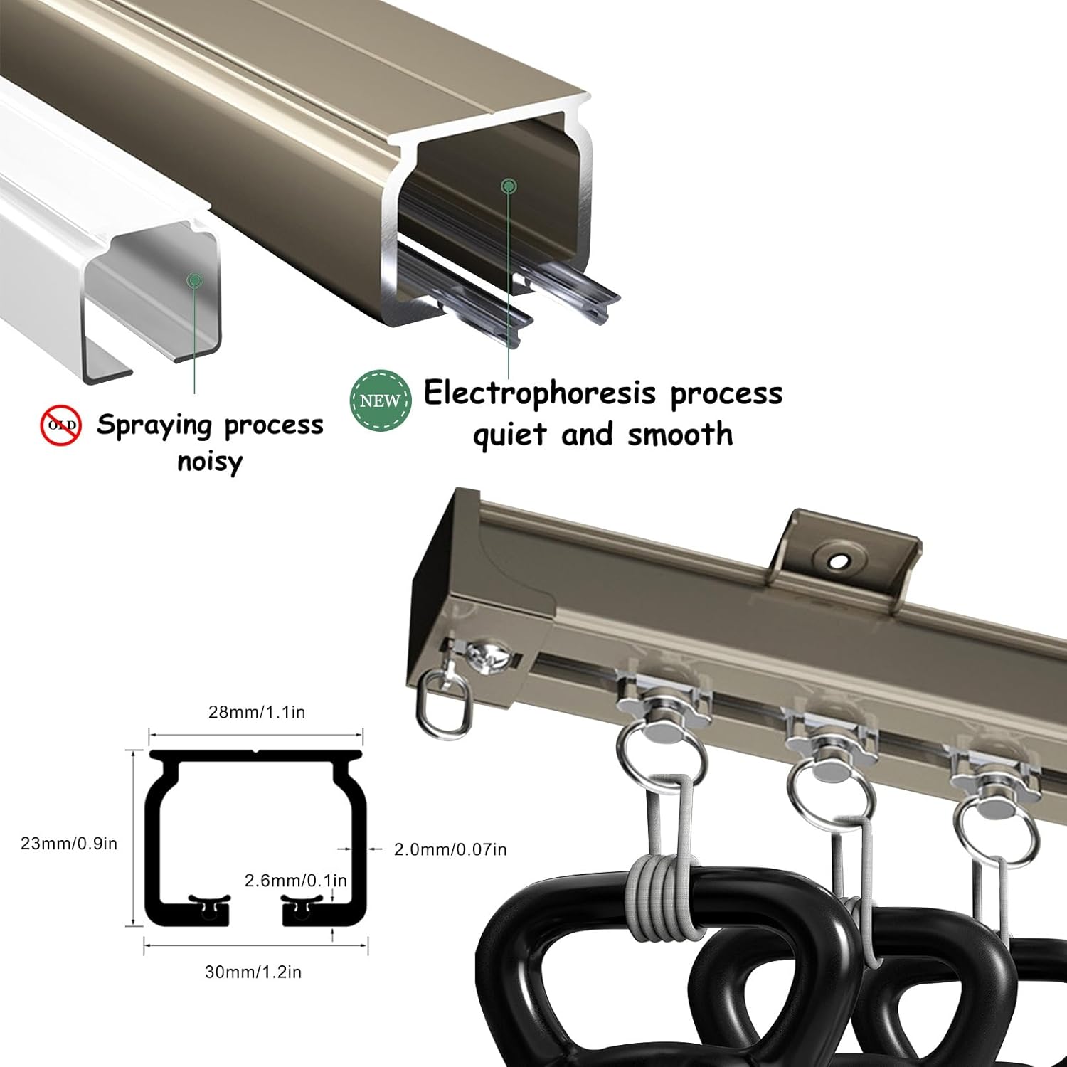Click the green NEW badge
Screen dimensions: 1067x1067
(x=381, y=400)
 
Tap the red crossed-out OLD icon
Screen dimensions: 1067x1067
(x=60, y=425)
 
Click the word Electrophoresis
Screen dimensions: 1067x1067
(x=539, y=393)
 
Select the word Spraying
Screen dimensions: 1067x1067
(x=154, y=425)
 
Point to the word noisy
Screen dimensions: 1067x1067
(x=210, y=462)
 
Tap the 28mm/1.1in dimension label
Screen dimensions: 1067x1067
(x=256, y=712)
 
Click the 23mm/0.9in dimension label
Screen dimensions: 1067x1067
(x=69, y=844)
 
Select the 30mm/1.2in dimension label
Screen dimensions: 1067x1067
(x=253, y=972)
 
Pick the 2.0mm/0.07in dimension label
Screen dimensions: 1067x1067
(x=450, y=849)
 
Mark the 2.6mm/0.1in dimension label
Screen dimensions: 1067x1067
(x=296, y=881)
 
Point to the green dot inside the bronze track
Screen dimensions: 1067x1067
(x=509, y=186)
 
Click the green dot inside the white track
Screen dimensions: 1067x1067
(x=194, y=280)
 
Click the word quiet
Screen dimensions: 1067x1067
(x=511, y=434)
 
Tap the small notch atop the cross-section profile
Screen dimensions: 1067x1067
(x=256, y=751)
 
